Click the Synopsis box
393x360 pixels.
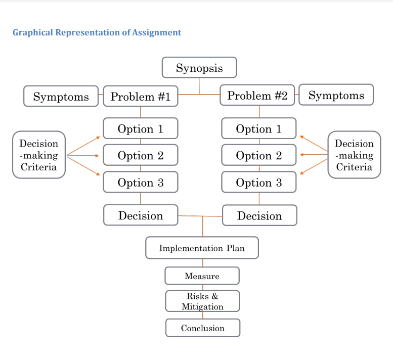[x=199, y=68]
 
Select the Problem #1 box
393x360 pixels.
[x=141, y=96]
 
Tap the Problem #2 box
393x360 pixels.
[x=257, y=95]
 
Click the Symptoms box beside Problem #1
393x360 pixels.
[x=61, y=96]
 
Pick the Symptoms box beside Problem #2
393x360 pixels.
[x=336, y=95]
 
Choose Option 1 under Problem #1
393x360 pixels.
[x=141, y=128]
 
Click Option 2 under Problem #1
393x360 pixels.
[x=141, y=155]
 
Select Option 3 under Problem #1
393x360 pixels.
[x=141, y=182]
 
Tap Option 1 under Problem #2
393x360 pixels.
[x=259, y=128]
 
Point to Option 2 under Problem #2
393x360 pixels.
[x=259, y=155]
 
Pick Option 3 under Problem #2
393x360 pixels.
[x=259, y=182]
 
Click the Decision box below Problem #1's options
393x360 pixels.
[x=141, y=215]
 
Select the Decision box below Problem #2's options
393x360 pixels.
[x=259, y=216]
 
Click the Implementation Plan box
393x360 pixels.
[x=202, y=248]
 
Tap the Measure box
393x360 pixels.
[x=202, y=276]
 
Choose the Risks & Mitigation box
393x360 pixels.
[x=202, y=301]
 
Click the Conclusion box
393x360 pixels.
[x=203, y=328]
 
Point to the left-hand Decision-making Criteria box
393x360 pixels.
[x=39, y=155]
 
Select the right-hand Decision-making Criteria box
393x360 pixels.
[x=354, y=155]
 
